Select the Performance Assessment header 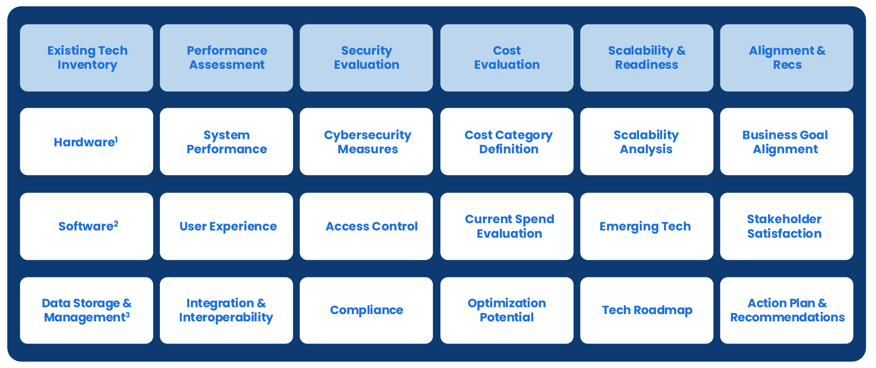[x=226, y=58]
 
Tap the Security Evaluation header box [x=366, y=58]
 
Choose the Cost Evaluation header [x=506, y=58]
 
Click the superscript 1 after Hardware [x=116, y=139]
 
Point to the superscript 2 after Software [x=116, y=224]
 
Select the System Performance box [x=226, y=142]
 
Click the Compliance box [x=366, y=310]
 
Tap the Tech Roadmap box [x=646, y=310]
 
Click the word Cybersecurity [x=368, y=135]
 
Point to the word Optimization [x=506, y=303]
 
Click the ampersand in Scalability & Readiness [x=681, y=50]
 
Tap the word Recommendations [x=787, y=317]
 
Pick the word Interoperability [x=226, y=318]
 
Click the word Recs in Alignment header [x=787, y=65]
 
